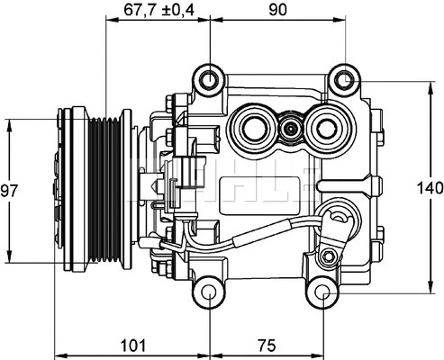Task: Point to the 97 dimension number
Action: pyautogui.click(x=10, y=191)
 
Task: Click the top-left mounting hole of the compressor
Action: pyautogui.click(x=210, y=79)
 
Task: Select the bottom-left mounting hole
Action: pyautogui.click(x=209, y=293)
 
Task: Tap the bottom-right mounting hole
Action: pyautogui.click(x=322, y=293)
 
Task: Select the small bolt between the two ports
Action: pyautogui.click(x=290, y=130)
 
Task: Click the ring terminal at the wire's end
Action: pyautogui.click(x=340, y=216)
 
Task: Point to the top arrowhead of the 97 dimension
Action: pyautogui.click(x=10, y=124)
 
